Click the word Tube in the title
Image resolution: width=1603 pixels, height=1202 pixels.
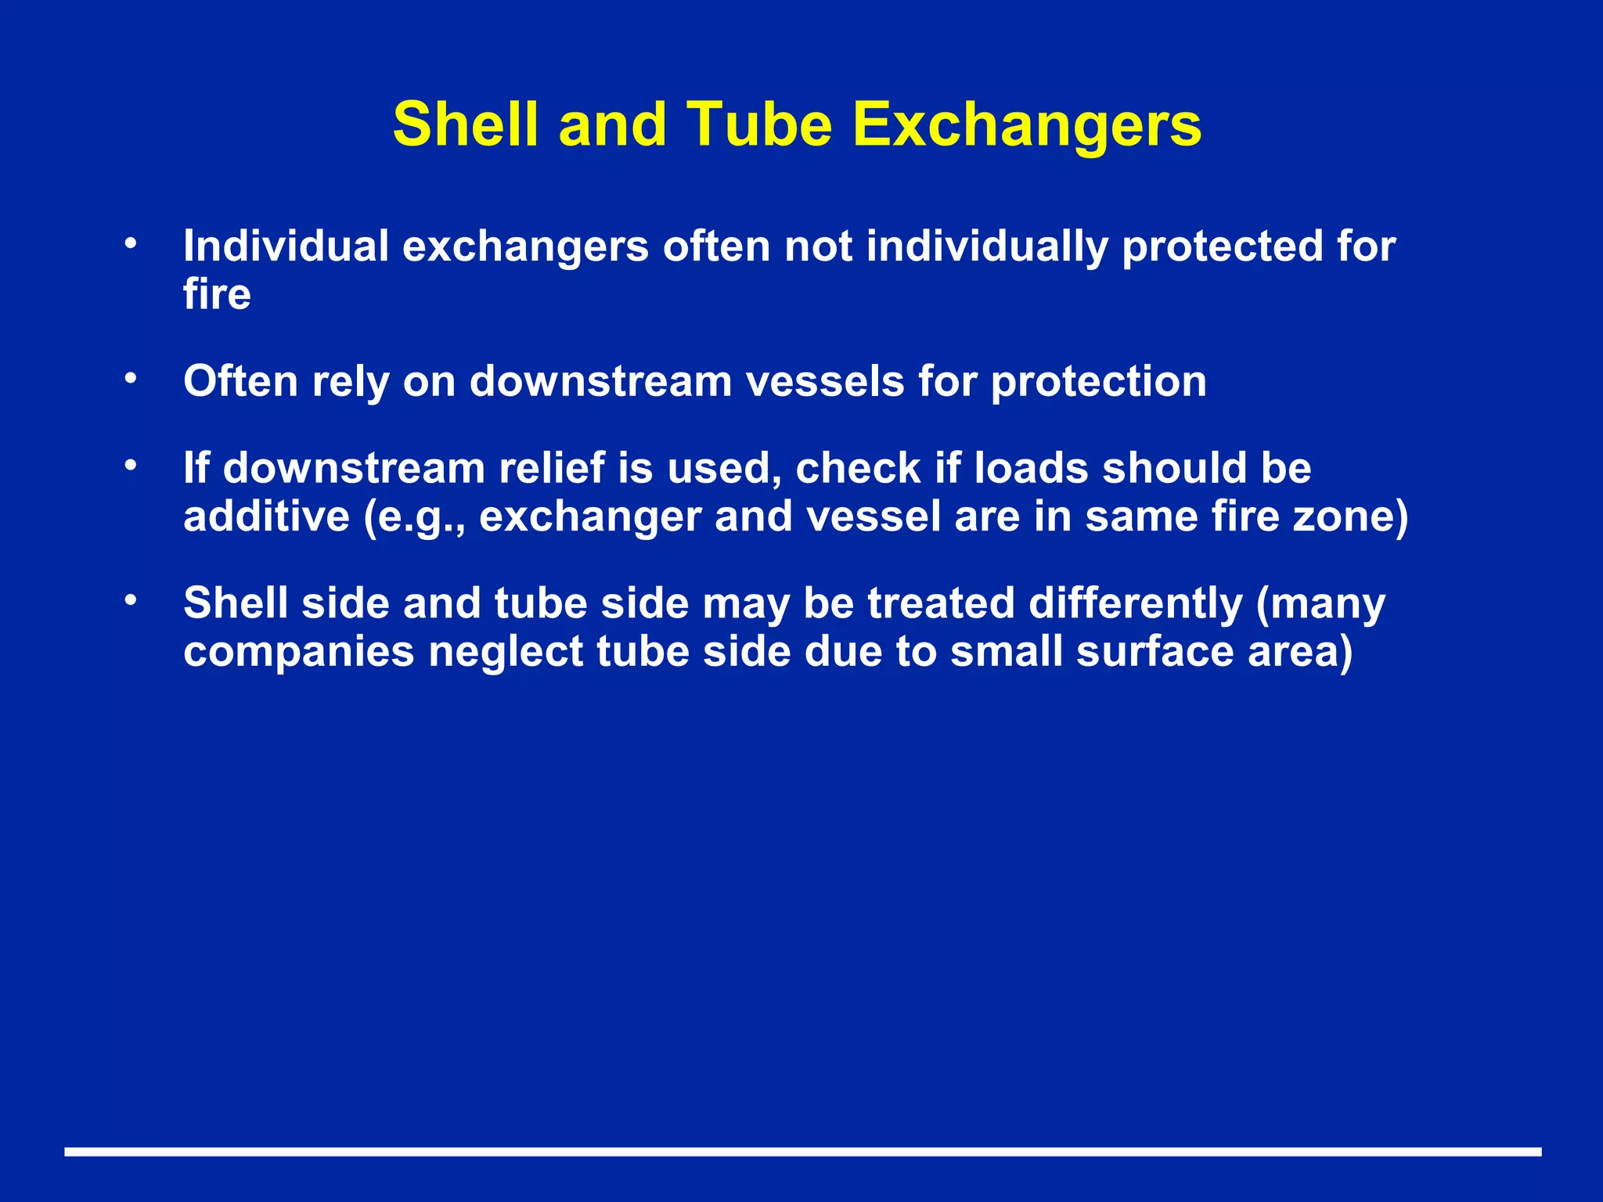point(758,125)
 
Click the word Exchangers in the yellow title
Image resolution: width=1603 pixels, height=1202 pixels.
point(1027,125)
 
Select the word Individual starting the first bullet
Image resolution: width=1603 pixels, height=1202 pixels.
point(286,247)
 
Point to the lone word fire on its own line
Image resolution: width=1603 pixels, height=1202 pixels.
point(217,295)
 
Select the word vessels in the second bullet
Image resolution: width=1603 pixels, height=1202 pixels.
point(824,382)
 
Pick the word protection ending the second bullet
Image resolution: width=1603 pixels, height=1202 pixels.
point(1098,382)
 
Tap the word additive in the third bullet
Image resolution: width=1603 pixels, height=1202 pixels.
point(266,517)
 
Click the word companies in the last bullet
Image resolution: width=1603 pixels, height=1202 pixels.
point(298,653)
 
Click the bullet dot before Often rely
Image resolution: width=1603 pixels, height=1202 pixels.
point(131,380)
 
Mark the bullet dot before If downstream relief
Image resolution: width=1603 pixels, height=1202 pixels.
point(131,466)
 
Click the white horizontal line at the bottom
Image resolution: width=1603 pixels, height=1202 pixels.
point(801,1152)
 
